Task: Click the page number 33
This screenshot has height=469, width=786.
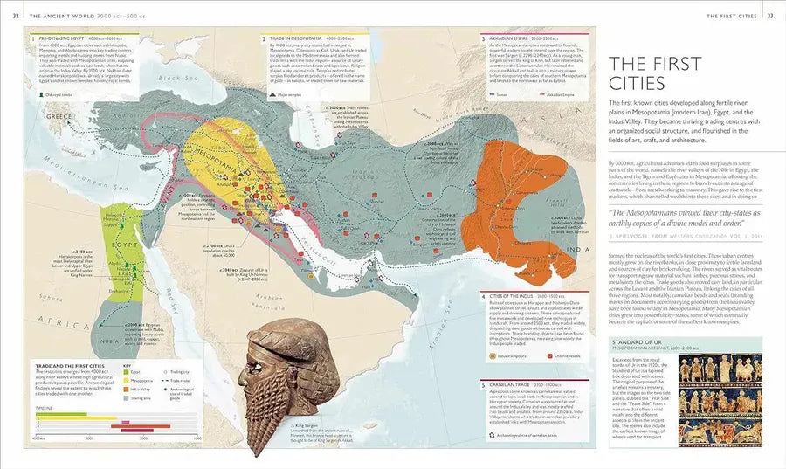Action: click(769, 16)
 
